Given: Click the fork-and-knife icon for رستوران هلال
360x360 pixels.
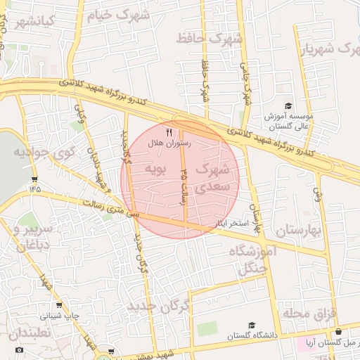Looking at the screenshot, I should tap(169, 131).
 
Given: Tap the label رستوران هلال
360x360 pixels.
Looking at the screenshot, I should tap(169, 143).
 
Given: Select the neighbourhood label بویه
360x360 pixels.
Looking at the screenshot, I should tap(155, 169).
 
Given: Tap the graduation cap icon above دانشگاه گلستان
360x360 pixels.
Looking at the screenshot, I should tap(252, 325).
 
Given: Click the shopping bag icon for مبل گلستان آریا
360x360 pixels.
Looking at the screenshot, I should tap(339, 332).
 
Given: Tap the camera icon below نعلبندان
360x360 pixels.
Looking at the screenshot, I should tap(19, 349).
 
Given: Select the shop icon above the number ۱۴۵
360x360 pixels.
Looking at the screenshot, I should tap(35, 177).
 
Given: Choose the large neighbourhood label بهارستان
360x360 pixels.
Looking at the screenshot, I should tap(297, 231).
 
